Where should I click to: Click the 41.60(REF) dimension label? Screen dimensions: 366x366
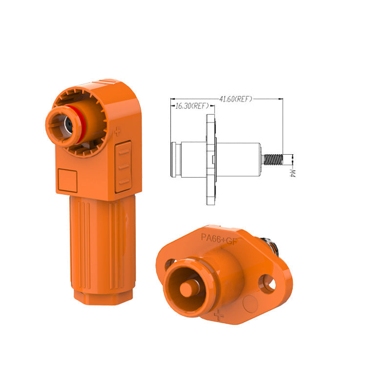236,99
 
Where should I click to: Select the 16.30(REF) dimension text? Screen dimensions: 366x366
192,106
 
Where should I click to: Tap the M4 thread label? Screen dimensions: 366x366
292,173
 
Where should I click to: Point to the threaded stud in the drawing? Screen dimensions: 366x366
273,160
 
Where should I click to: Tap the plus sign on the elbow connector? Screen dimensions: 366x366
117,132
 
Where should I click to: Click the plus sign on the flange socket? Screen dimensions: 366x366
219,315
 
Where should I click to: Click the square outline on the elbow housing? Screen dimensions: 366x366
67,181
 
